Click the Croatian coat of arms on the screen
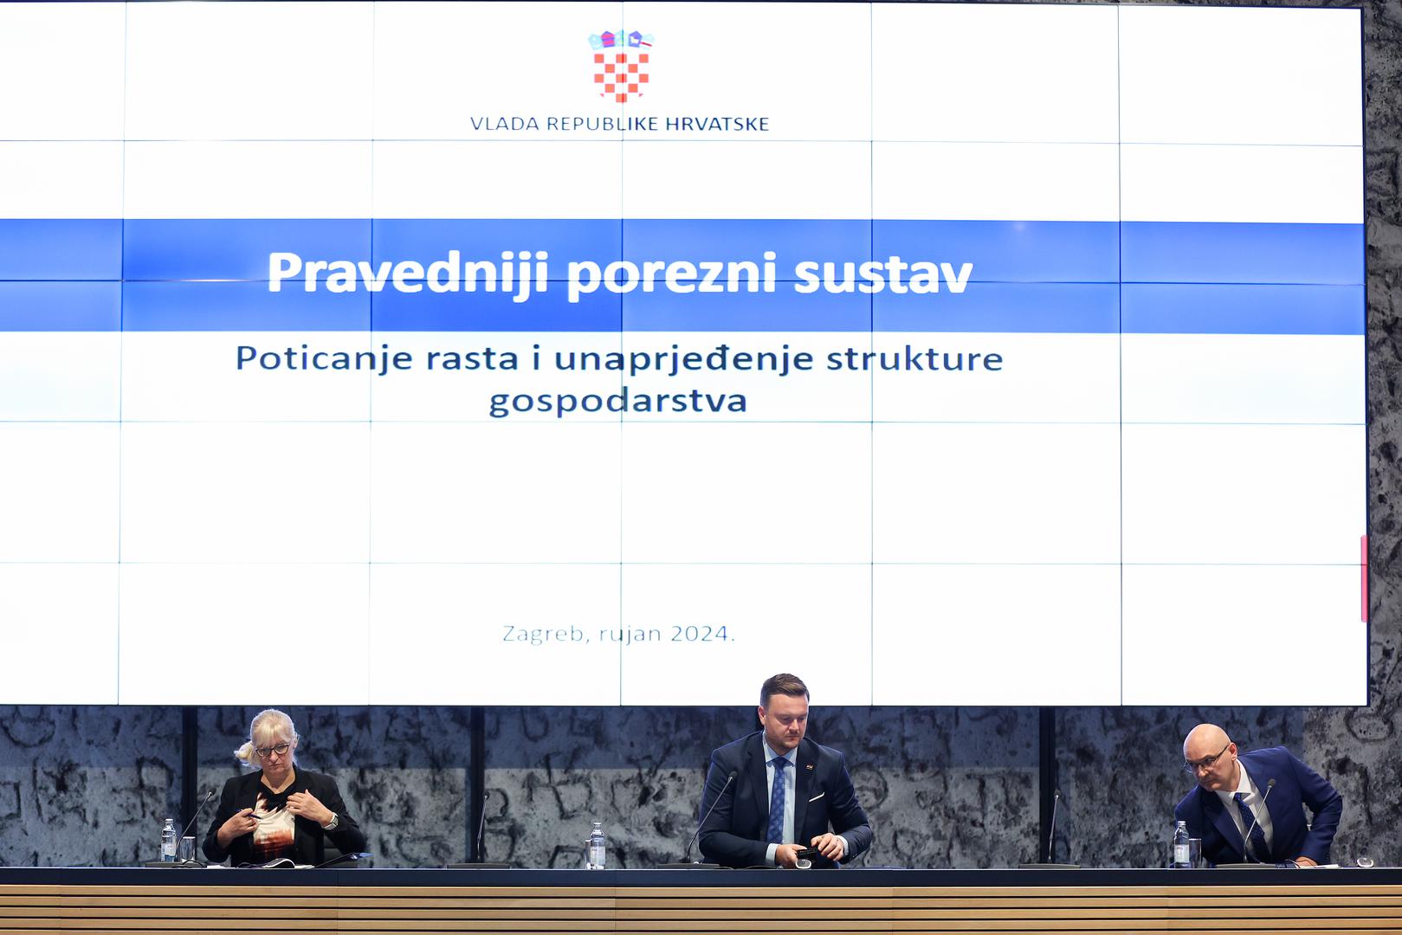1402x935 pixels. tap(621, 66)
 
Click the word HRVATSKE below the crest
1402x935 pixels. tap(717, 124)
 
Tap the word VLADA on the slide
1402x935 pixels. tap(505, 124)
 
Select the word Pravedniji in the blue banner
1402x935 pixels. tap(408, 274)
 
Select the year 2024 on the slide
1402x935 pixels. tap(700, 634)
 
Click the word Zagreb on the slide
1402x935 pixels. tap(543, 635)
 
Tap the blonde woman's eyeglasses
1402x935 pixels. tap(272, 750)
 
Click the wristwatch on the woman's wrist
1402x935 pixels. tap(333, 821)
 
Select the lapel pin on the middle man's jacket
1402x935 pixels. tap(809, 764)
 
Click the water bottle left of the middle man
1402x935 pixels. tap(598, 846)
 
